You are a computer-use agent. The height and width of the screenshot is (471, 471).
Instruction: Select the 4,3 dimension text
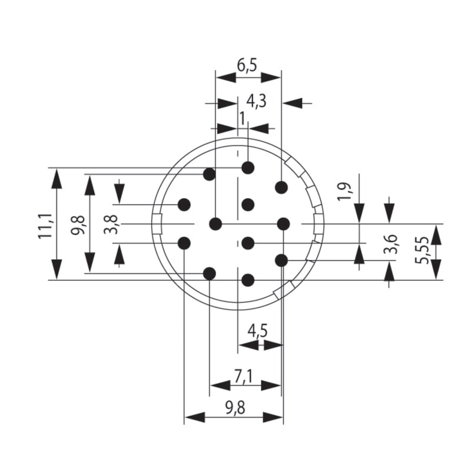coord(256,101)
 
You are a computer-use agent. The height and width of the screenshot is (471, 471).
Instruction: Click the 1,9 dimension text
coord(346,192)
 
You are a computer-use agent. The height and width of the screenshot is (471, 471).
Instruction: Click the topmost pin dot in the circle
coord(248,168)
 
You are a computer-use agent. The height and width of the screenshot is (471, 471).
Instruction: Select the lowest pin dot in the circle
coord(248,280)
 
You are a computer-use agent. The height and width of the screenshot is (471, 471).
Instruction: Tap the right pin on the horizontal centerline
coord(284,224)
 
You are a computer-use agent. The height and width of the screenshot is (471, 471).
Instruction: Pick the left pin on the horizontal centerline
coord(216,224)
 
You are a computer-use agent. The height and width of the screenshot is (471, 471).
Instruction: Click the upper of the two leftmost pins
coord(184,204)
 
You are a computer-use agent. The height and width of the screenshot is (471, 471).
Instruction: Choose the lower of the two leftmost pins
coord(184,243)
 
